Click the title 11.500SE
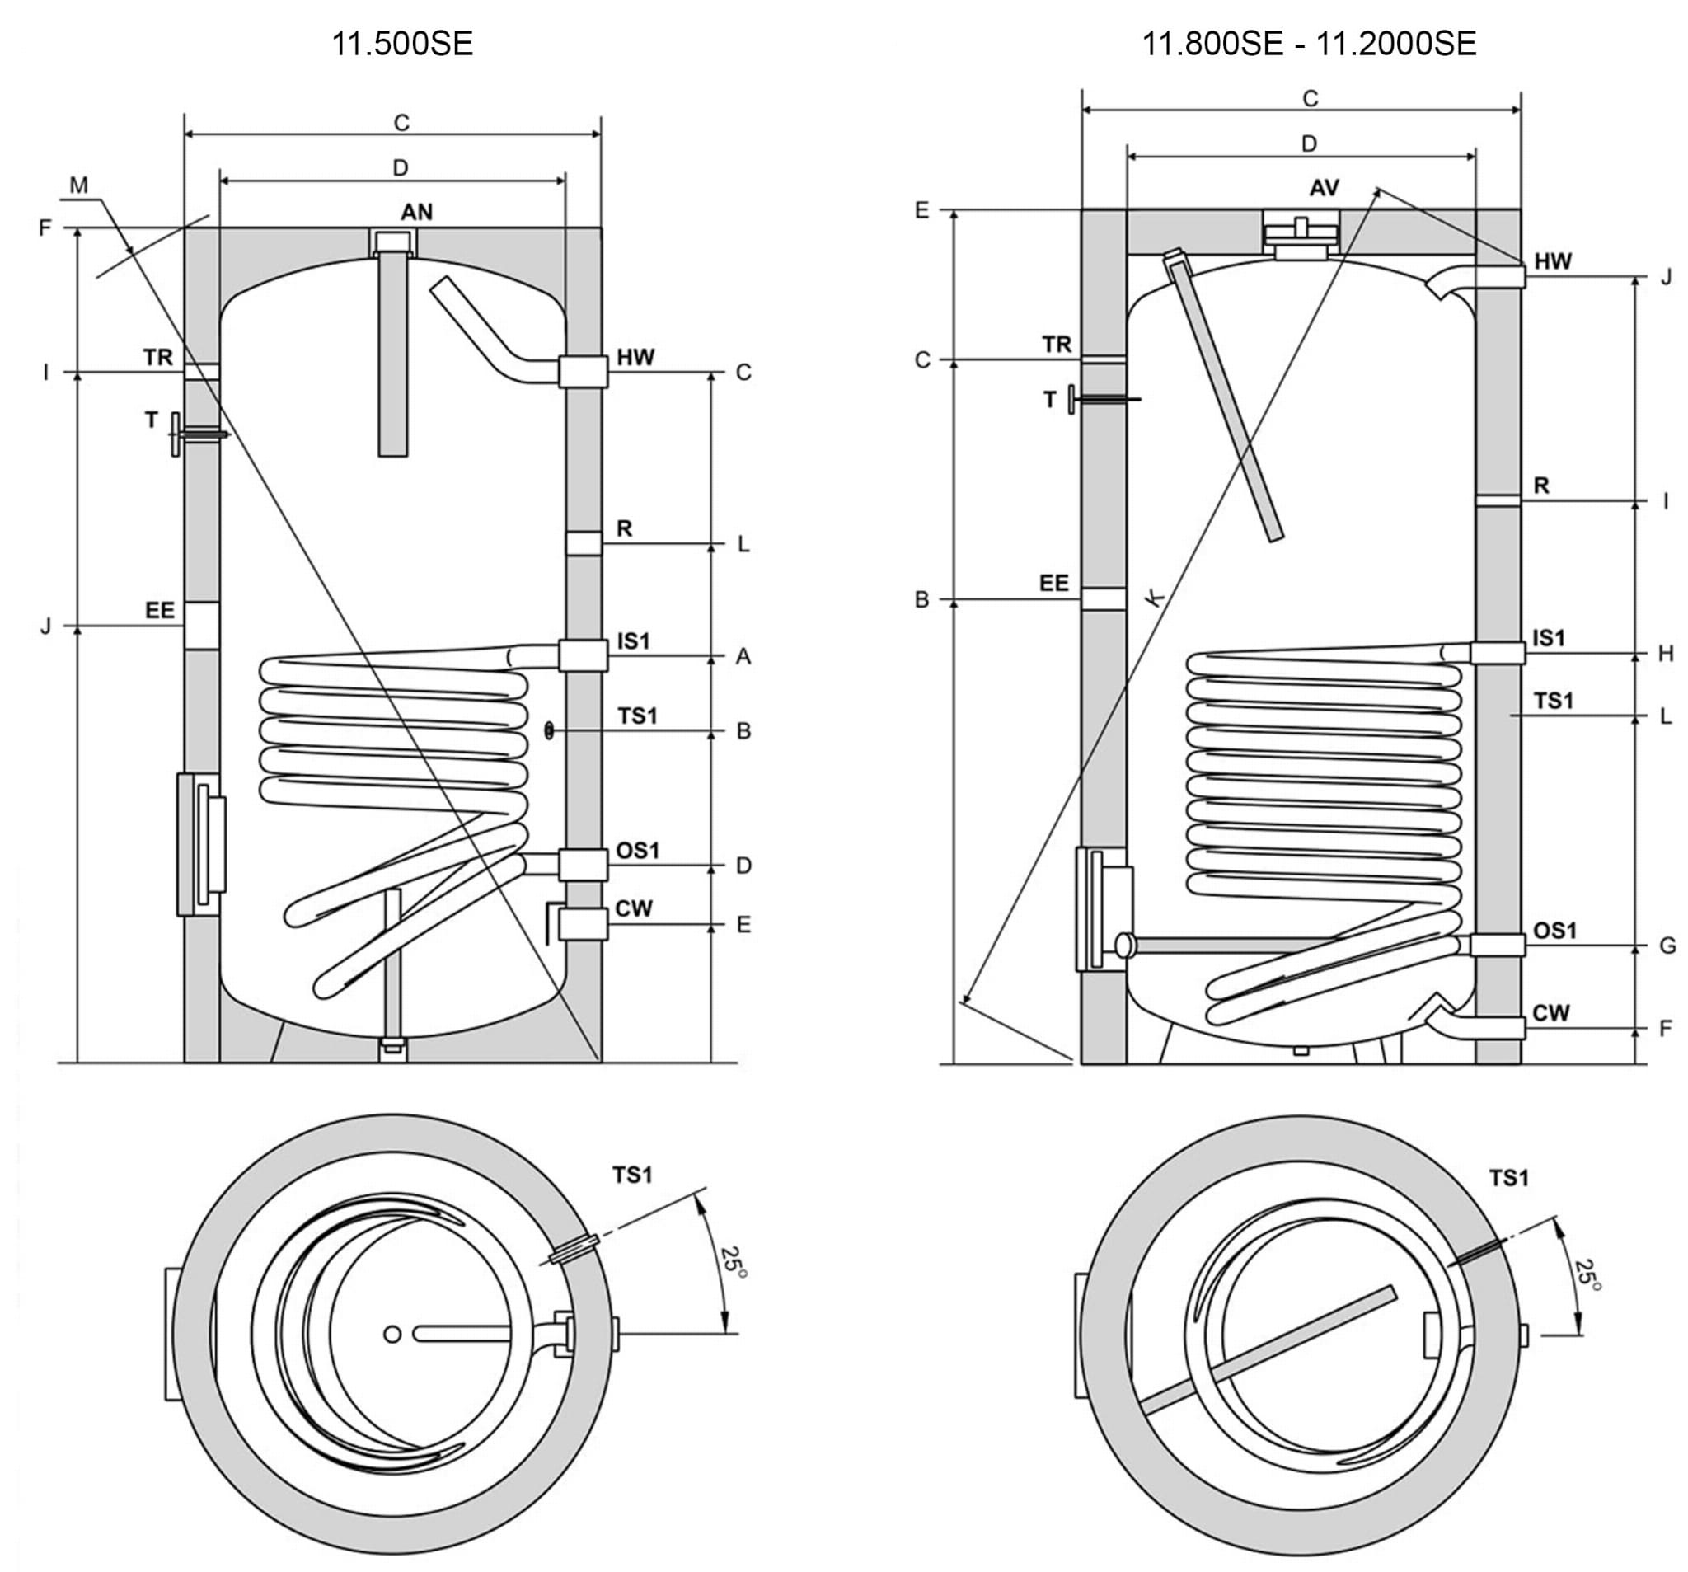pos(401,44)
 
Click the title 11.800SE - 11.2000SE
pos(1309,44)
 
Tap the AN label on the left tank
pos(416,212)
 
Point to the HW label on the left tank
pos(635,357)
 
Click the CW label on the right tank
pos(1551,1012)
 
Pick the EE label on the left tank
pos(160,610)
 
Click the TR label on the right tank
pos(1057,344)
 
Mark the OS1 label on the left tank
pos(638,850)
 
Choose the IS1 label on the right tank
pos(1548,638)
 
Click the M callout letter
pos(79,185)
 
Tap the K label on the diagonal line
pos(1155,597)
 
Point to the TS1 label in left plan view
pos(632,1175)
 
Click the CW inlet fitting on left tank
pos(583,924)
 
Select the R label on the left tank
pos(624,529)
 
